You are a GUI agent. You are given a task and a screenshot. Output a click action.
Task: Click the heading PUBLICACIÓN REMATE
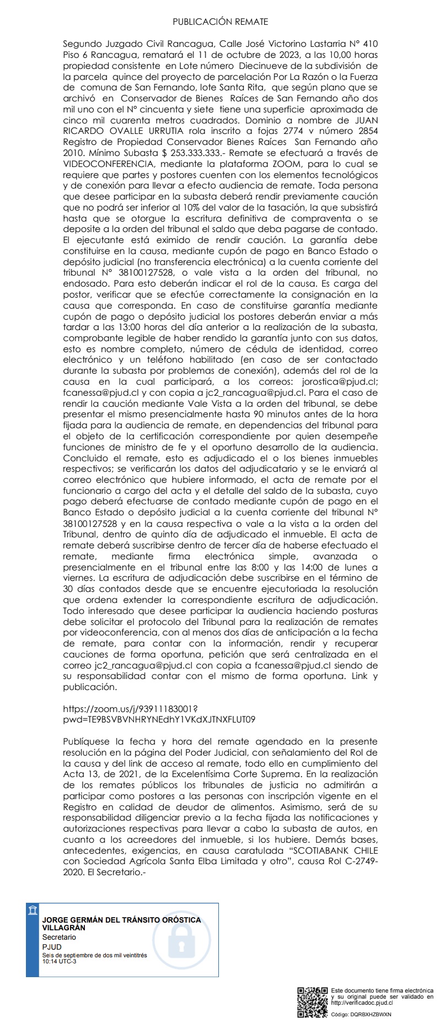[x=220, y=22]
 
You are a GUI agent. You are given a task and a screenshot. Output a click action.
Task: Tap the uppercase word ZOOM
[x=286, y=164]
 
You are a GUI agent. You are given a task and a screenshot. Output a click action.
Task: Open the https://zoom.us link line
[x=130, y=708]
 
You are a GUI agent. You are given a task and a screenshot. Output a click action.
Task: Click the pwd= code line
[x=159, y=719]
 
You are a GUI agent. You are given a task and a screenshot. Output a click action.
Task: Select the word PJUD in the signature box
[x=52, y=947]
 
